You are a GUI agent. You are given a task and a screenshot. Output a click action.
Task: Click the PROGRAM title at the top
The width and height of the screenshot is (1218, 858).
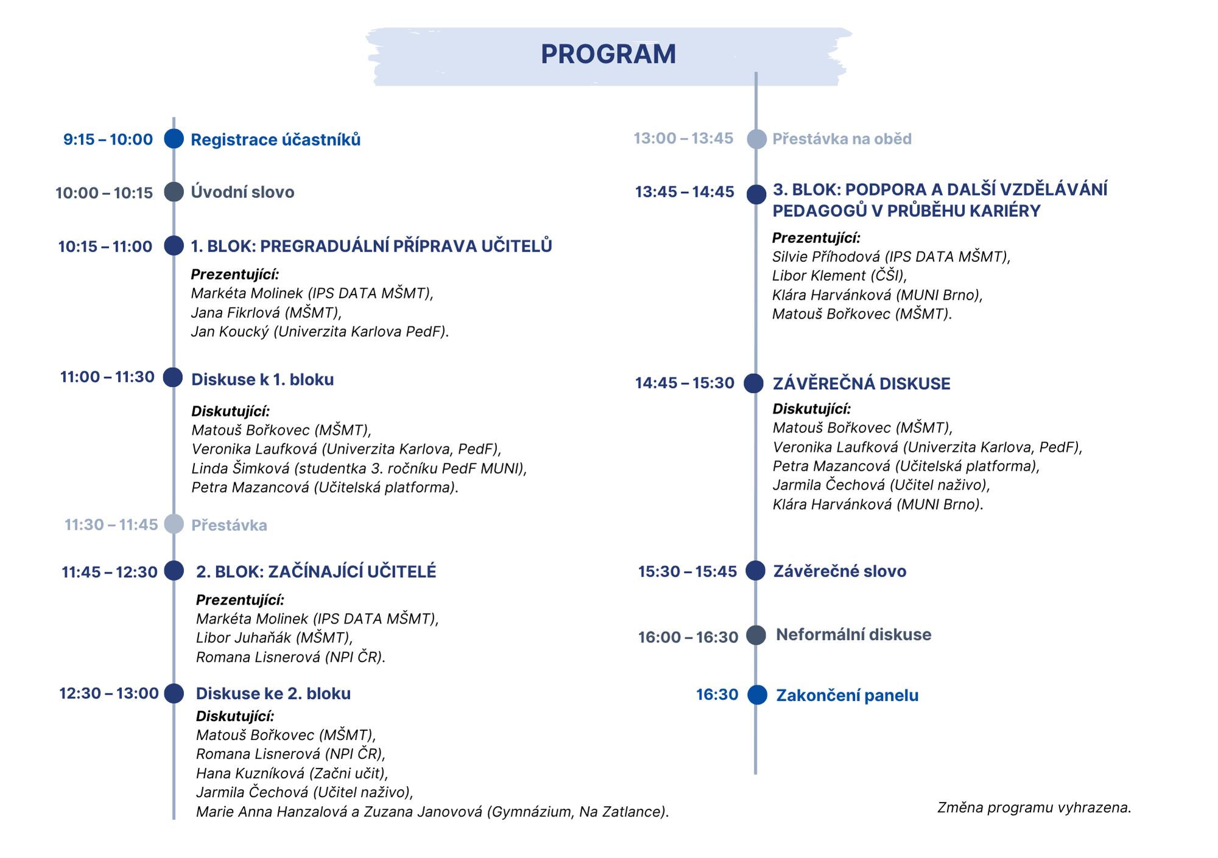point(608,54)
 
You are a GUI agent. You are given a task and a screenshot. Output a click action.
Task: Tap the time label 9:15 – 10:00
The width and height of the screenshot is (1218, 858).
point(108,139)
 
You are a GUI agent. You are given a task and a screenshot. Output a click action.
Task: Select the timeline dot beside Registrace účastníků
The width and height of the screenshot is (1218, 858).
point(174,139)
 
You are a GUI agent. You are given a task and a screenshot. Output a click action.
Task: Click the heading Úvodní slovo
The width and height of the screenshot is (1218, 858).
point(242,192)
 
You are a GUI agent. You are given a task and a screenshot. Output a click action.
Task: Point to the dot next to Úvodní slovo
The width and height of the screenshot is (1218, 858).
point(174,192)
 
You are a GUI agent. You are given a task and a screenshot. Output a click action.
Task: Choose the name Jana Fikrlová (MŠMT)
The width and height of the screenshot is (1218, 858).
point(266,312)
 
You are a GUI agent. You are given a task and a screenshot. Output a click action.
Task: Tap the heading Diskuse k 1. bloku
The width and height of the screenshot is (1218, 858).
point(262,379)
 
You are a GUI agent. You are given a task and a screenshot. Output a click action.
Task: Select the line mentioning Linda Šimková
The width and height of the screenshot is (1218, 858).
point(359,468)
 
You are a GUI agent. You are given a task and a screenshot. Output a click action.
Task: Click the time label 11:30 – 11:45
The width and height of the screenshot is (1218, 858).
point(111,525)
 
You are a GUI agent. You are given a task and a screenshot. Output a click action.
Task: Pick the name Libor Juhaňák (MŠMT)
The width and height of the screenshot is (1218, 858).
point(274,638)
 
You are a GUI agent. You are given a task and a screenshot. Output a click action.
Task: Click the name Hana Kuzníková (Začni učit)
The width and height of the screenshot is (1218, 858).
point(292,773)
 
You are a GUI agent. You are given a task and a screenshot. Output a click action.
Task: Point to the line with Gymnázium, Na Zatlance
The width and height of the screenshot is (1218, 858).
point(432,812)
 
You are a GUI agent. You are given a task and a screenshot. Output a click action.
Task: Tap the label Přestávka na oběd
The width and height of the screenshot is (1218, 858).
point(842,139)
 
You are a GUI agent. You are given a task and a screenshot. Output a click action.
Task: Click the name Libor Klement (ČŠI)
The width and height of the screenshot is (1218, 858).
point(839,276)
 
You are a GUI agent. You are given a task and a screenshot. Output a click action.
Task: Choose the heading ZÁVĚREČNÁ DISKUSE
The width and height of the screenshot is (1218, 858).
point(861,384)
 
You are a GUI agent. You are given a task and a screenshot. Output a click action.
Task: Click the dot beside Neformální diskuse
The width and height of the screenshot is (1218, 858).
point(756,635)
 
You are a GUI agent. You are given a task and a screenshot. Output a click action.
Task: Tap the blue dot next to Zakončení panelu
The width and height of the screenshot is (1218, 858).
point(757,695)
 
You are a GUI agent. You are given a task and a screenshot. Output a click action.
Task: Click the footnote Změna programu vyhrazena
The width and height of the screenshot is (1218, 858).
point(1034,807)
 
